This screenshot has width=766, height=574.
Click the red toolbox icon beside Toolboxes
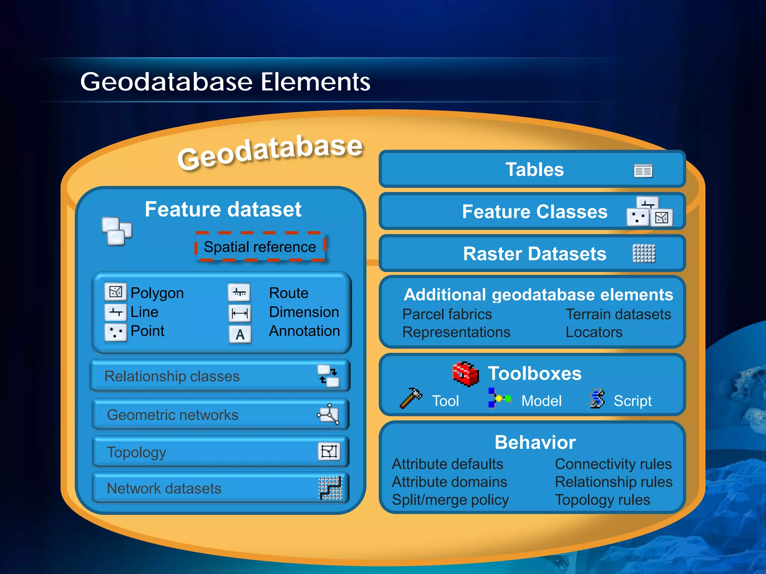pyautogui.click(x=465, y=373)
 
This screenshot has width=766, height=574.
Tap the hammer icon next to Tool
pyautogui.click(x=410, y=398)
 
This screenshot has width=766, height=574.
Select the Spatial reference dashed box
pyautogui.click(x=260, y=247)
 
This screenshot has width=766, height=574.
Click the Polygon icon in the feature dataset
pyautogui.click(x=115, y=292)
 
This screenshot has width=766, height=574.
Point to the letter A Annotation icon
pyautogui.click(x=240, y=334)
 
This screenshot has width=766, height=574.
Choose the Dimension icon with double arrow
pyautogui.click(x=240, y=313)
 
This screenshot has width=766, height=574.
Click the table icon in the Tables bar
pyautogui.click(x=643, y=171)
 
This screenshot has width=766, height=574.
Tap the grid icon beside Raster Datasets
pyautogui.click(x=644, y=253)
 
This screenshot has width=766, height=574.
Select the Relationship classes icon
pyautogui.click(x=328, y=376)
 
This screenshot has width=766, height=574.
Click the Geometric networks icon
pyautogui.click(x=328, y=414)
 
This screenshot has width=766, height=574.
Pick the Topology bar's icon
pyautogui.click(x=329, y=451)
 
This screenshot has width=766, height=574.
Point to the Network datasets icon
pyautogui.click(x=330, y=488)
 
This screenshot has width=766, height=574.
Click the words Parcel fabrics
pyautogui.click(x=447, y=314)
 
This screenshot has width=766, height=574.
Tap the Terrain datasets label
pyautogui.click(x=618, y=314)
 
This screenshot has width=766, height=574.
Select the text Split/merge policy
pyautogui.click(x=450, y=500)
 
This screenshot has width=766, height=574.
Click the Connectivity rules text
pyautogui.click(x=613, y=464)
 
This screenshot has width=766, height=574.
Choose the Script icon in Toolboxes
pyautogui.click(x=597, y=398)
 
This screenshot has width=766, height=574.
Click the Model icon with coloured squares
pyautogui.click(x=499, y=398)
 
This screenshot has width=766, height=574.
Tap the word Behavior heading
pyautogui.click(x=535, y=442)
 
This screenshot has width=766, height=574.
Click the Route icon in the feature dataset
pyautogui.click(x=239, y=293)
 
